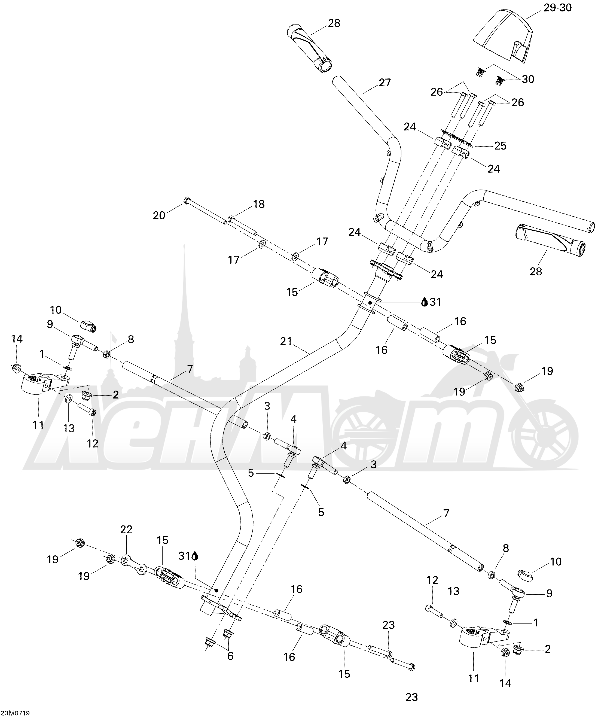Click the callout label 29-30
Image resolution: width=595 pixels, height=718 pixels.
click(557, 8)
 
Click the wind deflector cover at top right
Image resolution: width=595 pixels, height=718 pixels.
click(503, 36)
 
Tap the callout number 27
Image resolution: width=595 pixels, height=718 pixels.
click(385, 83)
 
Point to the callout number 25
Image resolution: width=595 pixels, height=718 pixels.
click(501, 146)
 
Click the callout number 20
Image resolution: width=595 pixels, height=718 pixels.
click(159, 215)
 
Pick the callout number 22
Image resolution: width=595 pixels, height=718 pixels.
click(126, 530)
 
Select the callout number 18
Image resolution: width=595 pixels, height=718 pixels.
click(259, 204)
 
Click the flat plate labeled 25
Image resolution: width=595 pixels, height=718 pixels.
click(457, 139)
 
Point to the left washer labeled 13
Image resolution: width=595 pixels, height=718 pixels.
click(68, 398)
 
